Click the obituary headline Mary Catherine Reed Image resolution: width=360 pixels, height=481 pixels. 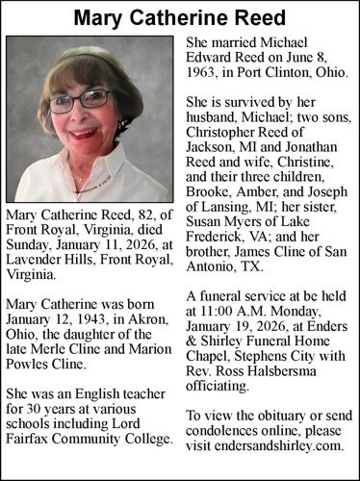coord(180,19)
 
